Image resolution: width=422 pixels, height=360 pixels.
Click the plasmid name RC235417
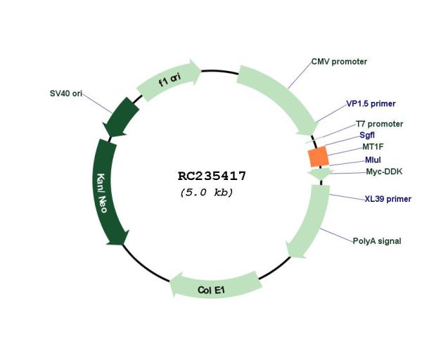click(212, 176)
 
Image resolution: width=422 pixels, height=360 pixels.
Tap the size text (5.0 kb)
click(206, 193)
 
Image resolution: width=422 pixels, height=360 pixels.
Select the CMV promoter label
click(339, 62)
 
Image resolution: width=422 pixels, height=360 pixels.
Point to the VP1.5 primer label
click(371, 103)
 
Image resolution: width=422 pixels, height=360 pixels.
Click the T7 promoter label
click(380, 124)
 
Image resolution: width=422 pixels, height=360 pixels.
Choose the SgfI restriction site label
click(367, 135)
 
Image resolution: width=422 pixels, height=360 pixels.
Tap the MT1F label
click(373, 147)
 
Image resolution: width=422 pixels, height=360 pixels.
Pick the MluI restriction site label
click(373, 160)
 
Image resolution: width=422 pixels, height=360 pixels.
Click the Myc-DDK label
click(384, 172)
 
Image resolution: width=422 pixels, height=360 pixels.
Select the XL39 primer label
click(388, 199)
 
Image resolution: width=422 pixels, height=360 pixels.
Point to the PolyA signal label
click(377, 240)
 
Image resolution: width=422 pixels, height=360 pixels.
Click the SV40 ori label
click(66, 94)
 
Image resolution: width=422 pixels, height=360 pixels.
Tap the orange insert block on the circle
click(319, 157)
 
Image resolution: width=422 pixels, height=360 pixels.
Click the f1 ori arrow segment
click(169, 80)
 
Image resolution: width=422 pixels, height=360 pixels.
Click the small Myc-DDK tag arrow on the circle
click(320, 174)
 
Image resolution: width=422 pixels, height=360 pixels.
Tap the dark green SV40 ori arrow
click(120, 117)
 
